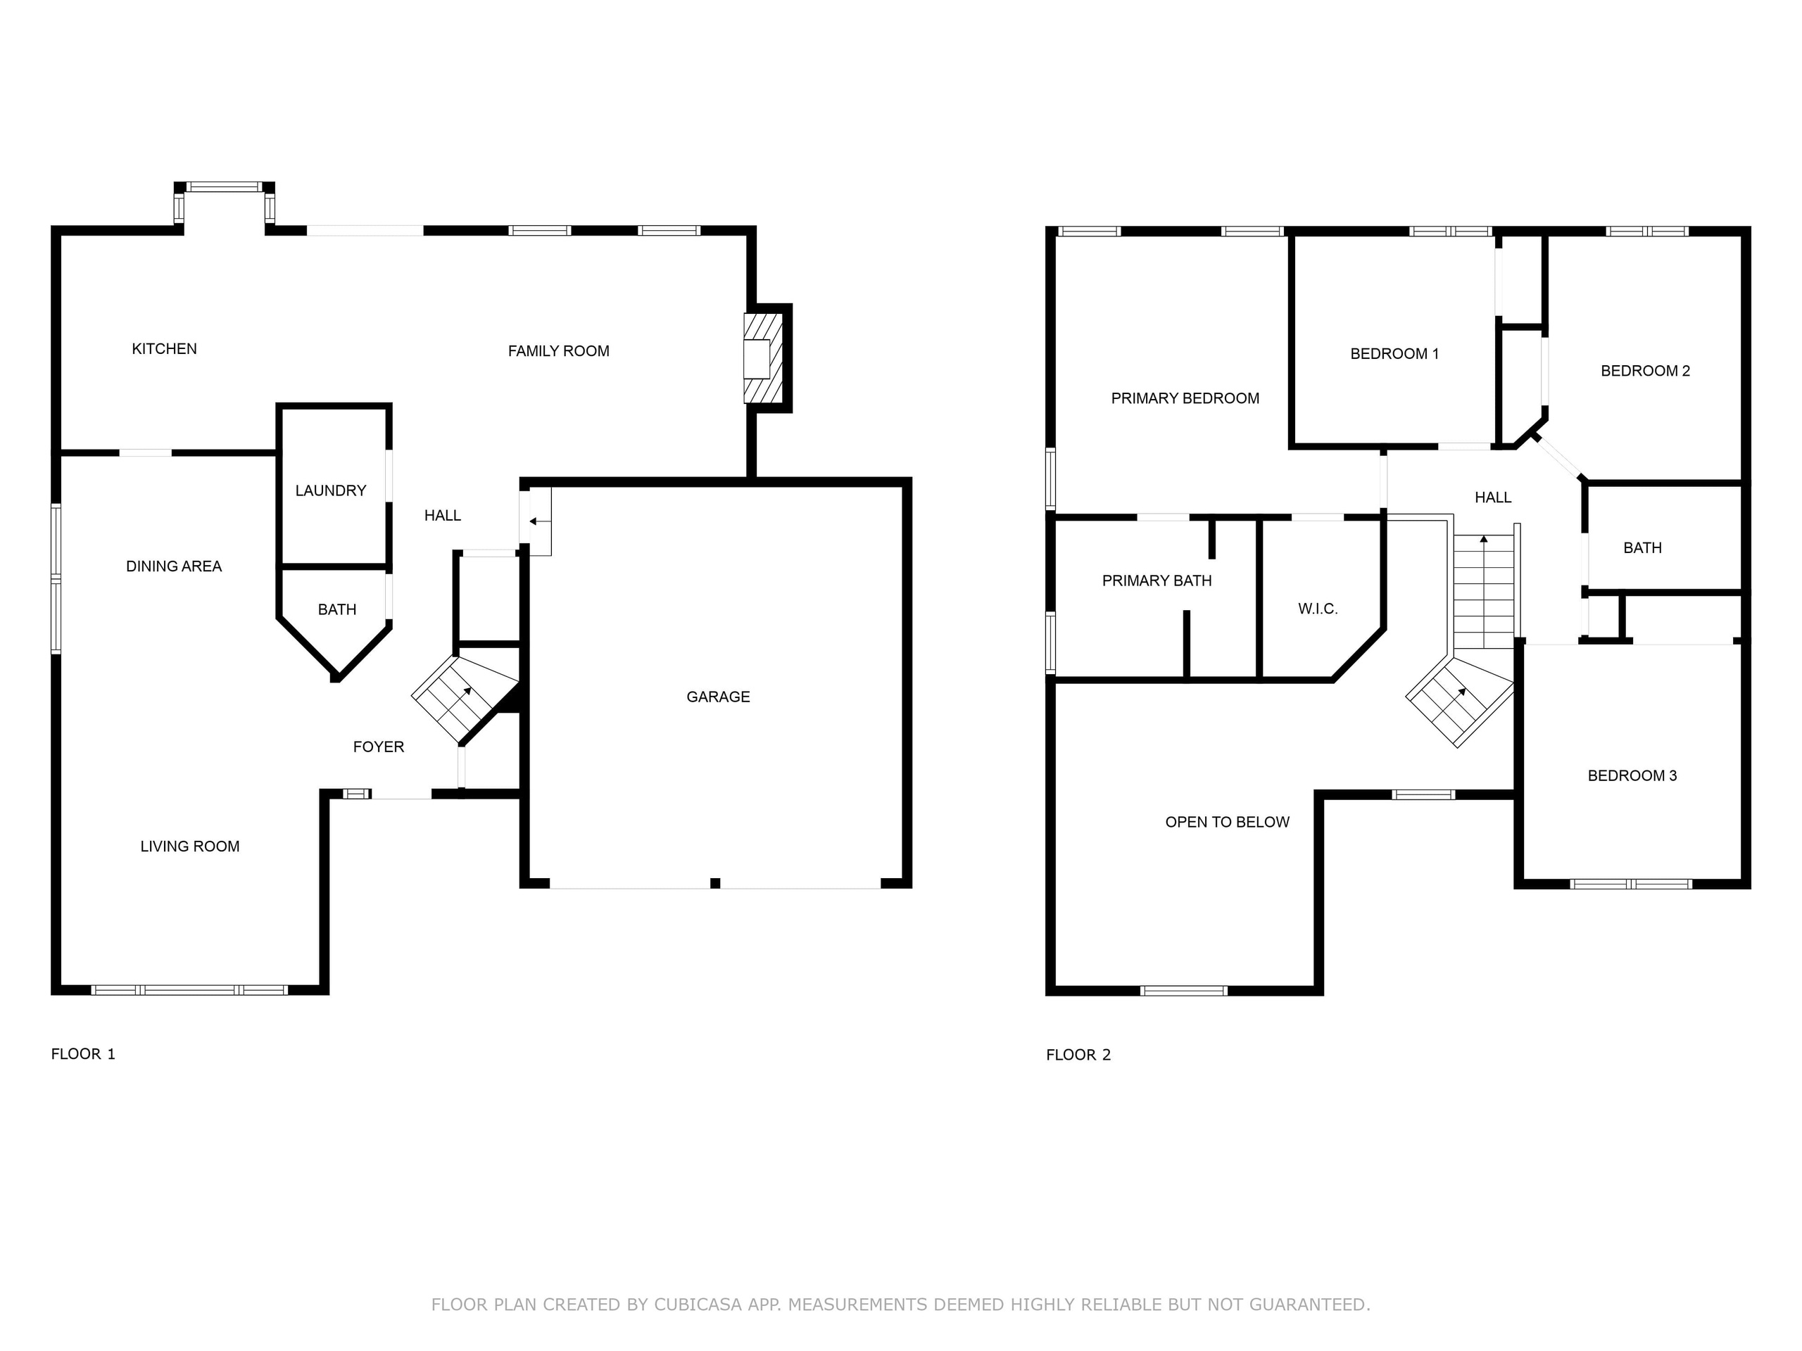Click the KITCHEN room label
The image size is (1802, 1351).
pos(164,348)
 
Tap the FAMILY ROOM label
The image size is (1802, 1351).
pos(558,351)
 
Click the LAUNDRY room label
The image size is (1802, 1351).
pos(330,490)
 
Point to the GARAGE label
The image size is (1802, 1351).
pos(718,697)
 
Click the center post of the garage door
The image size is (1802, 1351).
pos(715,884)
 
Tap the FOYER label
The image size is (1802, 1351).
pos(378,747)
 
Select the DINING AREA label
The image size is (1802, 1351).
pos(174,566)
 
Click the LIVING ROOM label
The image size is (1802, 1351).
pos(190,846)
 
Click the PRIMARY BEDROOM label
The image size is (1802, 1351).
pos(1185,398)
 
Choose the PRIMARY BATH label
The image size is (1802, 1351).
pos(1156,581)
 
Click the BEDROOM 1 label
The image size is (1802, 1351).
pos(1394,353)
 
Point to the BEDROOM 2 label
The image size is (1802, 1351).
pos(1645,371)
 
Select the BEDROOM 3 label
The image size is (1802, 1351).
pos(1632,775)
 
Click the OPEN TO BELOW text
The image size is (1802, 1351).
pos(1227,822)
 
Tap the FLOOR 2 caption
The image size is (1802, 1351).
pos(1078,1055)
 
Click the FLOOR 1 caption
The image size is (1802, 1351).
pos(83,1054)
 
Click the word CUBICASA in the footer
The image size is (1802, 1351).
pos(698,1305)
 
